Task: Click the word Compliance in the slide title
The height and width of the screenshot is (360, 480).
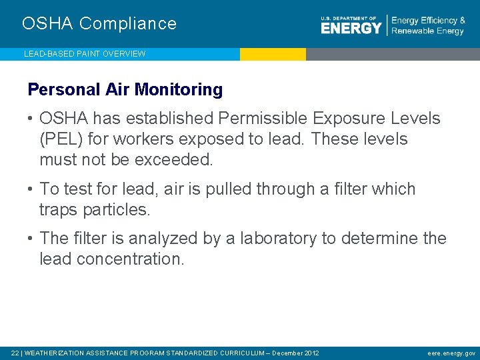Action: (x=128, y=24)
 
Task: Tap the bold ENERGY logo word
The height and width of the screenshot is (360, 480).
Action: (x=351, y=28)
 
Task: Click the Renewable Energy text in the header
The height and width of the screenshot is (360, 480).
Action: (x=427, y=31)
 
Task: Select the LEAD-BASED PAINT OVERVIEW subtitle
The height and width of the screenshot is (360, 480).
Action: (x=85, y=54)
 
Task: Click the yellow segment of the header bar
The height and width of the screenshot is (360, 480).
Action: (x=273, y=54)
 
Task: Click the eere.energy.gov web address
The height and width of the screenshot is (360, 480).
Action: (x=451, y=353)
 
